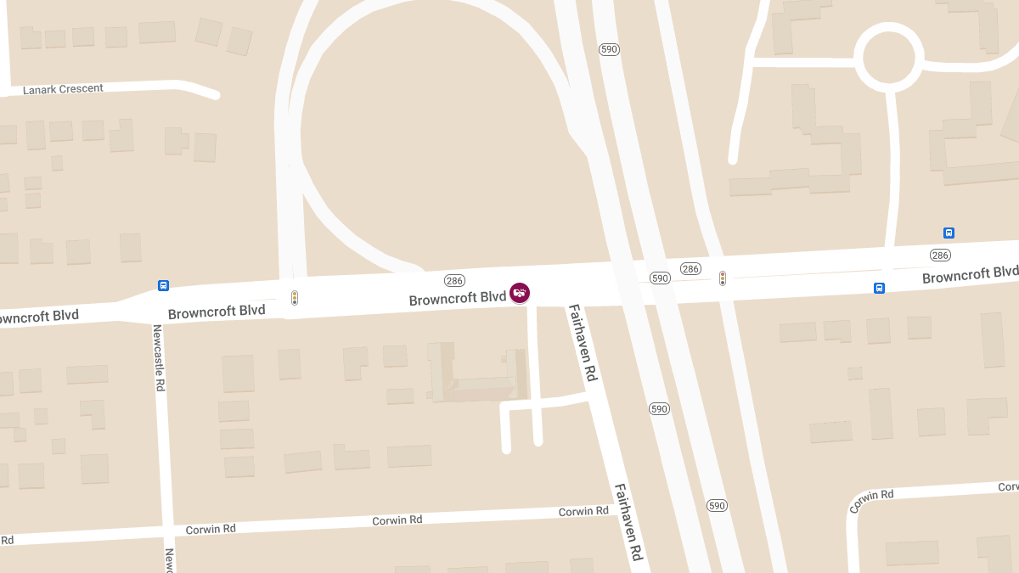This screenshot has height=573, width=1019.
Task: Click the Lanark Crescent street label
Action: pos(63,88)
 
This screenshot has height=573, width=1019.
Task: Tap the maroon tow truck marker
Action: pos(520,293)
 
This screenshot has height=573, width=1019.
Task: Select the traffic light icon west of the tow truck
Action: pos(295,298)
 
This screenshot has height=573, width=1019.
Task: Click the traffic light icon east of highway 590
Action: pos(723,278)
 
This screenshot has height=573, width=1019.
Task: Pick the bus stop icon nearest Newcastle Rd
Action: pos(163,286)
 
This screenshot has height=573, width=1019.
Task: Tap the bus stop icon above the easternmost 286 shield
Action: pos(949,233)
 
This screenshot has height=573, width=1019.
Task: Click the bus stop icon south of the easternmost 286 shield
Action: pos(879,288)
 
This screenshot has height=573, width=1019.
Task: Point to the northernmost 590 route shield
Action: pos(609,49)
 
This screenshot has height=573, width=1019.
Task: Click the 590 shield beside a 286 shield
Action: pos(661,278)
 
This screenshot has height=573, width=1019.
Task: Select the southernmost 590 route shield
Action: pos(717,505)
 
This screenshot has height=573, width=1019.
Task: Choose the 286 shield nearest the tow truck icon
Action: pos(454,280)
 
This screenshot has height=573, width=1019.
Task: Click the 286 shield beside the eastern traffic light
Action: pos(691,268)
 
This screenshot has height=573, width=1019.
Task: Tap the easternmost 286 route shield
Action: pos(939,255)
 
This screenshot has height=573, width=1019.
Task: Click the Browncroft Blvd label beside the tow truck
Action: pos(457,299)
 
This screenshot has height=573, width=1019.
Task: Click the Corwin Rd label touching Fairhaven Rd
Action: pos(583,511)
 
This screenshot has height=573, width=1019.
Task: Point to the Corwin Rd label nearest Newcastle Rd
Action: pos(210,529)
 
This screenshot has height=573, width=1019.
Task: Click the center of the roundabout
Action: pos(888,58)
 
